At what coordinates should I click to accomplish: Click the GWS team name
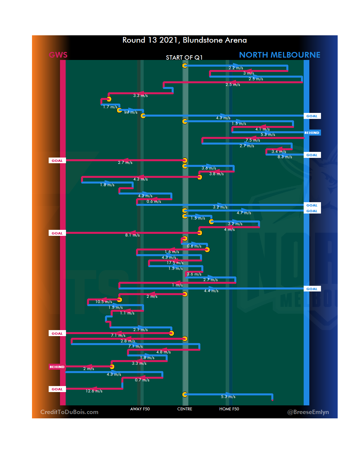coord(58,55)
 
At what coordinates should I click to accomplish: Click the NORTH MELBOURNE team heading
coord(280,55)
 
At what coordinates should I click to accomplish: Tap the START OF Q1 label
coord(184,58)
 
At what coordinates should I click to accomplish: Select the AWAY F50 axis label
coord(140,409)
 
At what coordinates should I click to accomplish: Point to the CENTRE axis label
coord(185,409)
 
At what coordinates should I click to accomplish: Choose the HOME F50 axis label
coord(229,409)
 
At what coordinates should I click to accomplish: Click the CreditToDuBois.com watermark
coord(69,412)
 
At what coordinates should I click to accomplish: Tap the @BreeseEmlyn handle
coord(308,412)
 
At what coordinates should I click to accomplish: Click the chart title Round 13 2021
coord(185,40)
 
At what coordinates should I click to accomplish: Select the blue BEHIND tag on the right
coord(312,133)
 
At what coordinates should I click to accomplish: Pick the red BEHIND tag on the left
coord(57,367)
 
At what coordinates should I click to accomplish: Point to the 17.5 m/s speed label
coord(175,263)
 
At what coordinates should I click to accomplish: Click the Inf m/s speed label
coord(131,112)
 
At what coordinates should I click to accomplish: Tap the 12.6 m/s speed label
coord(94,391)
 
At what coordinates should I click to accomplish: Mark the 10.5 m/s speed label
coord(104,302)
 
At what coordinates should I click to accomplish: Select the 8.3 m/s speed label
coord(285,157)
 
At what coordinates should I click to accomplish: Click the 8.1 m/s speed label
coord(132,235)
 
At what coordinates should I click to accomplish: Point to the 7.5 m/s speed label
coord(253,140)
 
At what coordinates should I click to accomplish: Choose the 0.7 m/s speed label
coord(142,380)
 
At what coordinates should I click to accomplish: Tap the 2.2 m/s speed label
coord(236,68)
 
